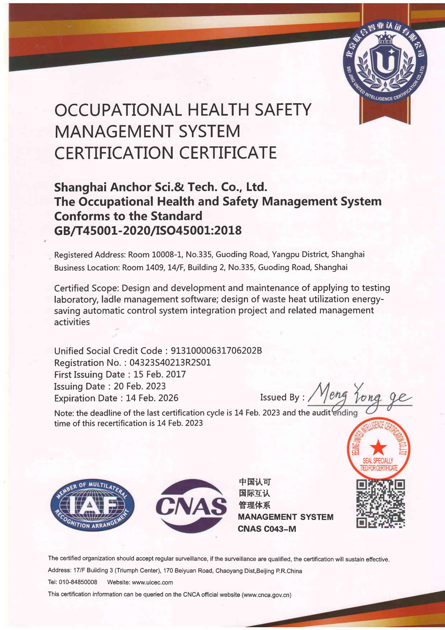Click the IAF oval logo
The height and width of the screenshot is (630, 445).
[x=93, y=506]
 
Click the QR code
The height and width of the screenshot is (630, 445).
[x=380, y=504]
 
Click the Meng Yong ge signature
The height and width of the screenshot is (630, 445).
[x=359, y=396]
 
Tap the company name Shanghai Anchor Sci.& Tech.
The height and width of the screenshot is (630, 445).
[x=160, y=187]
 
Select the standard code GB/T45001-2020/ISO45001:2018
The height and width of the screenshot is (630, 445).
[x=148, y=230]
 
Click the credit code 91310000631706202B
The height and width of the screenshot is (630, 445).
[x=216, y=351]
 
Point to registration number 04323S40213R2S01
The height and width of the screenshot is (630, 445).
[x=170, y=362]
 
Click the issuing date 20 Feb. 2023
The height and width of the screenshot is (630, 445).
[x=139, y=386]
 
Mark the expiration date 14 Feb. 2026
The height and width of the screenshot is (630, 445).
[x=152, y=398]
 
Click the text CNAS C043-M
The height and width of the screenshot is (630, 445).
[x=267, y=529]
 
